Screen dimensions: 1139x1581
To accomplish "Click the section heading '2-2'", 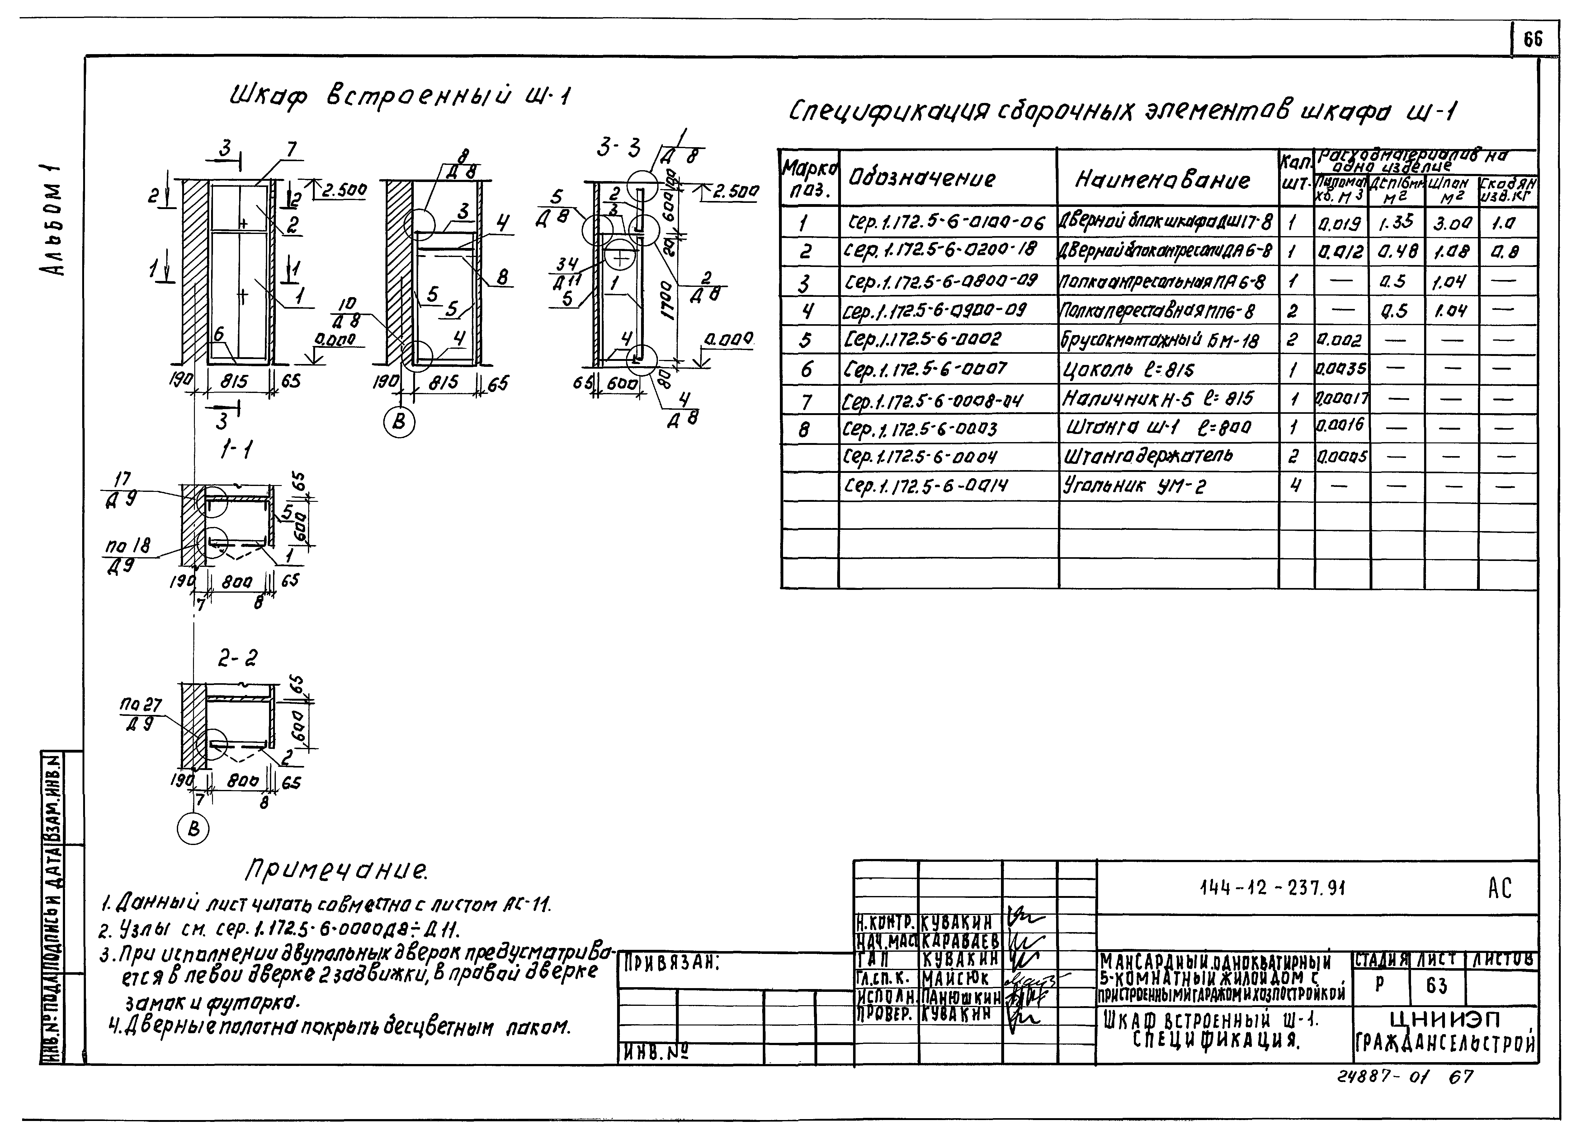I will coord(237,658).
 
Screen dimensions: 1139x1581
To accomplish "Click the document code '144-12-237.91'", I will coord(1272,888).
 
